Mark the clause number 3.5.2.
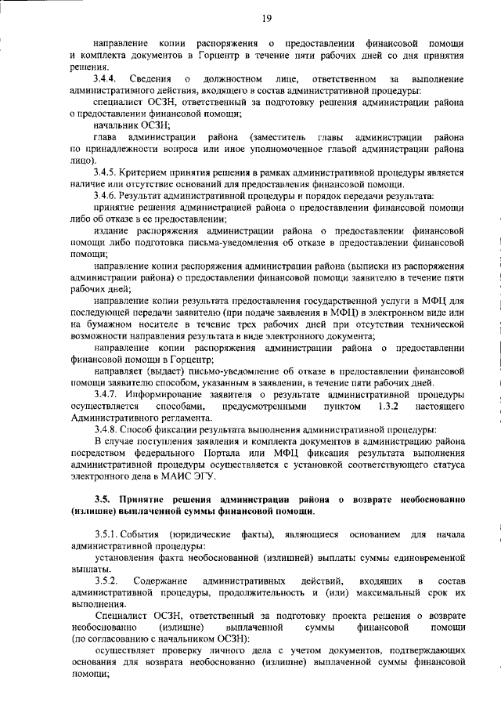click(x=107, y=581)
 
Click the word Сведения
click(x=150, y=80)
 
